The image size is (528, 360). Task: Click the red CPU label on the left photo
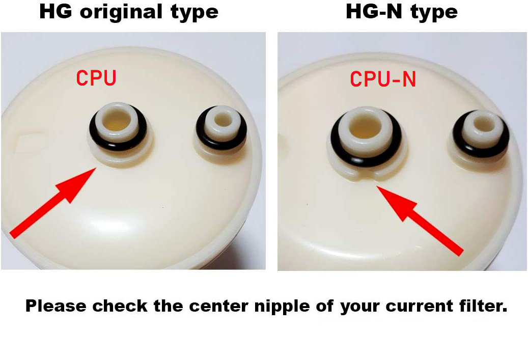[96, 78]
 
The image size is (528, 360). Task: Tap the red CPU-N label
[383, 79]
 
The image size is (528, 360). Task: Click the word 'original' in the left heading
[121, 12]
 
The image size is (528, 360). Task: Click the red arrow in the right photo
[420, 221]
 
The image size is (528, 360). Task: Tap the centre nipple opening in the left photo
[117, 120]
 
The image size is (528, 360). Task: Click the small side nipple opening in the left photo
[221, 120]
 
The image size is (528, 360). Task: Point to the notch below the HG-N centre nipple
[366, 176]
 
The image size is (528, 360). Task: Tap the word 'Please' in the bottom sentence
[56, 306]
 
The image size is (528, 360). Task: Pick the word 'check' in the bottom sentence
[120, 306]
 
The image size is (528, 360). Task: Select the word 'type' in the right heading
[434, 13]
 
